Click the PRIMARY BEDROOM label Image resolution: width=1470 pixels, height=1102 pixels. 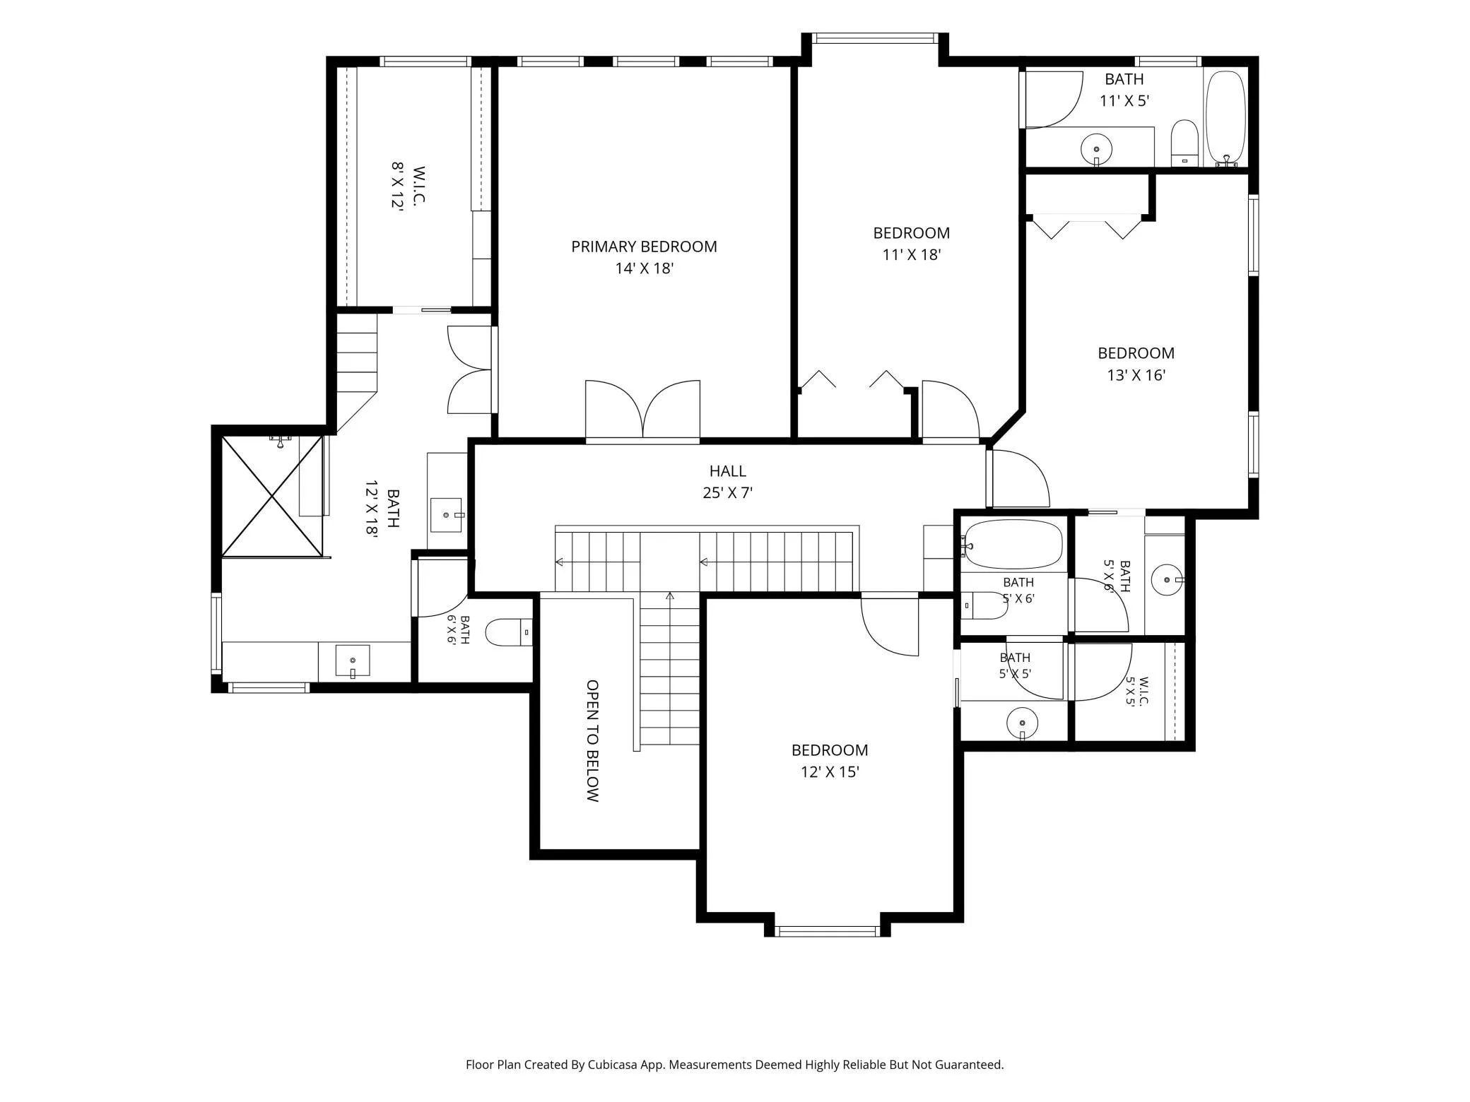644,247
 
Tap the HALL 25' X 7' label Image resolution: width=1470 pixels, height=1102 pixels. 728,482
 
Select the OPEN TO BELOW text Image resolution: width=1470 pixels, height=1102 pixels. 593,740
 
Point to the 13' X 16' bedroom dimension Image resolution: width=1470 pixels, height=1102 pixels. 1136,375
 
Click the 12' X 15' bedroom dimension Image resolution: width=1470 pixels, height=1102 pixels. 830,772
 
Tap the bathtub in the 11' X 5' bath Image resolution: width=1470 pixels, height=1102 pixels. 1225,119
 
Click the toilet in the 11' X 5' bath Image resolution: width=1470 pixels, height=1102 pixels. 1184,143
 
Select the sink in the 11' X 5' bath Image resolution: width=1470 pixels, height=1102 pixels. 1096,149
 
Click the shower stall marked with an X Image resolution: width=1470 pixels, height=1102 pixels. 272,496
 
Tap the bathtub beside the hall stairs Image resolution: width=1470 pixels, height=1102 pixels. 1011,545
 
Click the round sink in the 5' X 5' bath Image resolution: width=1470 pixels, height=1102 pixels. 1022,723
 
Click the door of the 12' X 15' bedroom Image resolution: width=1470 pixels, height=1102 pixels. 890,626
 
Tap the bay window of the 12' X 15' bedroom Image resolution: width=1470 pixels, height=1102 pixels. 828,931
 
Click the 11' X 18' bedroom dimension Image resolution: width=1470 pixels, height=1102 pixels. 912,254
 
